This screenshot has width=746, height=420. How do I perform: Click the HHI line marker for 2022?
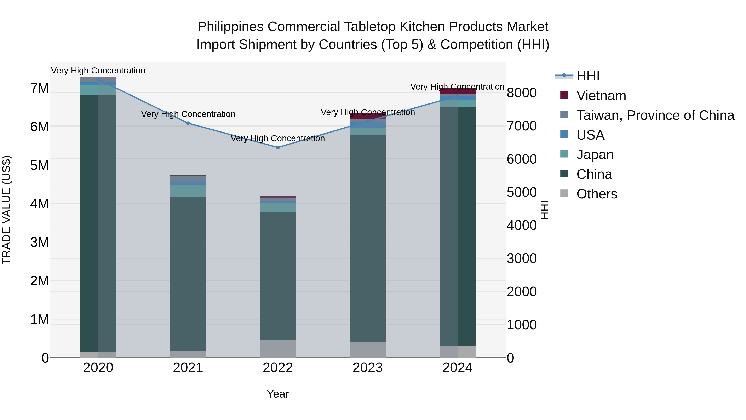pos(278,147)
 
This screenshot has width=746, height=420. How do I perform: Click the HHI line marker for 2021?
pos(188,123)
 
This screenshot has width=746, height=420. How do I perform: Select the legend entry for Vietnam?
pos(601,96)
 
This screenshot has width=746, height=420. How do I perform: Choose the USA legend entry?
pos(590,135)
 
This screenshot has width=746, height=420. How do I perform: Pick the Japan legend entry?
pos(595,155)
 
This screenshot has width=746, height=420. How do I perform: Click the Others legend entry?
pos(597,194)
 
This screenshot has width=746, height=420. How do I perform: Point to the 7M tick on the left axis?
pos(40,88)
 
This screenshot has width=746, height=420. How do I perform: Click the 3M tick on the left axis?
pos(40,242)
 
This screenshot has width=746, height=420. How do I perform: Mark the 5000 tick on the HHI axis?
pos(522,192)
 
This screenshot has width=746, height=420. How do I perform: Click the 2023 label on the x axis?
pos(367,368)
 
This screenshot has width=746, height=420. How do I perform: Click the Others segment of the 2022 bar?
pos(278,349)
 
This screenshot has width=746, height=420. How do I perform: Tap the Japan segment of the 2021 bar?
pos(188,191)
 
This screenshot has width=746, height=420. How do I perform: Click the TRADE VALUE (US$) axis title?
pos(6,210)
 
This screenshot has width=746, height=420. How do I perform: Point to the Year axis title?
pos(278,394)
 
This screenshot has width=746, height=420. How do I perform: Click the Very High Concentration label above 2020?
pos(98,71)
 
